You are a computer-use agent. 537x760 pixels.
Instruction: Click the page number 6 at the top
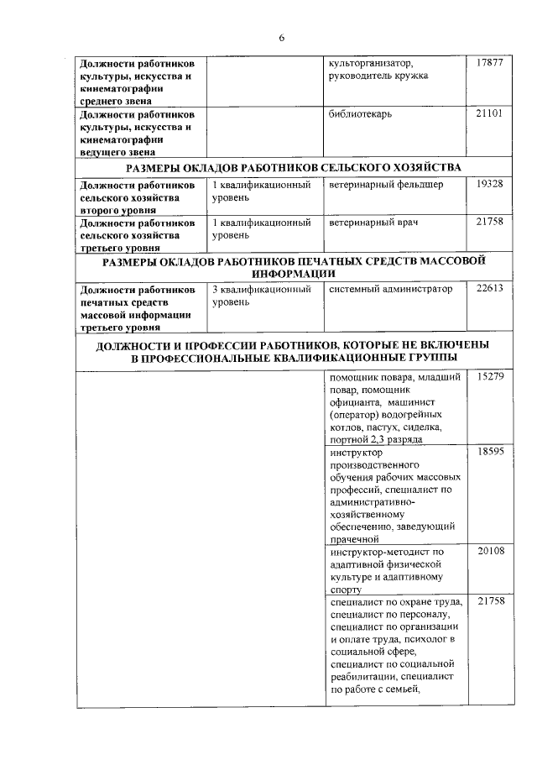[x=282, y=38]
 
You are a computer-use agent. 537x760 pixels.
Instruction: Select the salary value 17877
[x=489, y=63]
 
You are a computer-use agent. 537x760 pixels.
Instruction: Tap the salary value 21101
[x=489, y=113]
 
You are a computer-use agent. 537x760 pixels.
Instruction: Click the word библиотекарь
[x=361, y=113]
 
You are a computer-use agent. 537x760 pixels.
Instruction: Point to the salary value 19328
[x=489, y=184]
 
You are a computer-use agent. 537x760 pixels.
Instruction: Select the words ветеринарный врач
[x=373, y=223]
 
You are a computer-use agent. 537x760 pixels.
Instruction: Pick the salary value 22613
[x=489, y=289]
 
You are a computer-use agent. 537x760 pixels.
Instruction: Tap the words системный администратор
[x=390, y=289]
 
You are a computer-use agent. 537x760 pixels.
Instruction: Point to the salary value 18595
[x=489, y=453]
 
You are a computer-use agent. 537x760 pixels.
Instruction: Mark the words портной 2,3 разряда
[x=377, y=440]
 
